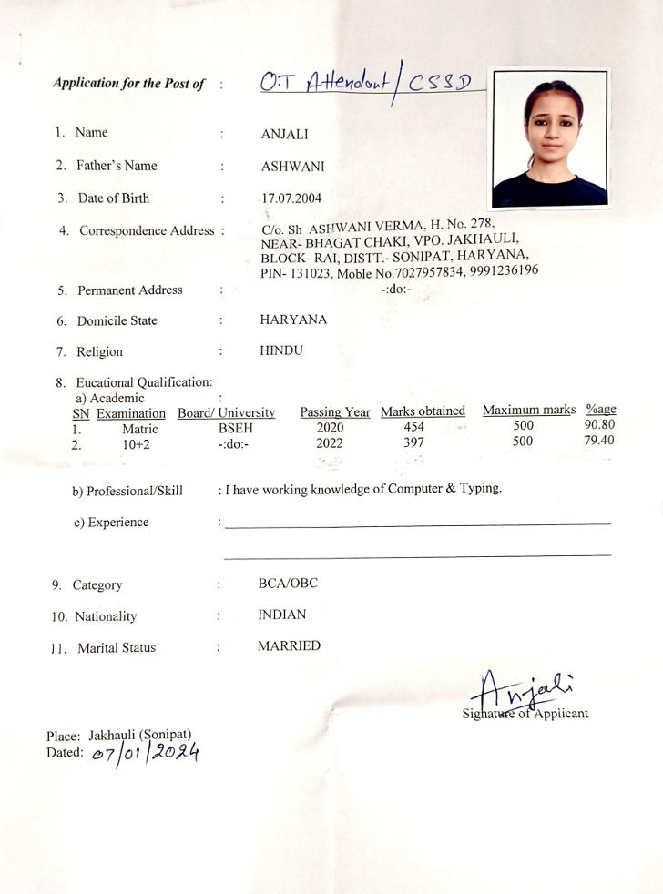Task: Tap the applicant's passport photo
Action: pyautogui.click(x=549, y=137)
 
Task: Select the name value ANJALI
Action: pyautogui.click(x=284, y=135)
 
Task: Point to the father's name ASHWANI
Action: pyautogui.click(x=292, y=167)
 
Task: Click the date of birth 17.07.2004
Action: pyautogui.click(x=291, y=198)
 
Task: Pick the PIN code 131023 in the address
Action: pyautogui.click(x=313, y=273)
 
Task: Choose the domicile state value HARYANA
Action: pyautogui.click(x=293, y=320)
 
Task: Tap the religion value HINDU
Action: pyautogui.click(x=281, y=350)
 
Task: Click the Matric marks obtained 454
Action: pyautogui.click(x=413, y=427)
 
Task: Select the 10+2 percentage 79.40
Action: pyautogui.click(x=598, y=442)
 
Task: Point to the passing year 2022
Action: pyautogui.click(x=330, y=443)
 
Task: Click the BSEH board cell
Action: pyautogui.click(x=236, y=428)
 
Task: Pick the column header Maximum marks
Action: pyautogui.click(x=529, y=411)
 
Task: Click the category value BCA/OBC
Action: pyautogui.click(x=288, y=584)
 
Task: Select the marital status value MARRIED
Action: pyautogui.click(x=290, y=646)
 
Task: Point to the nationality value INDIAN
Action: pyautogui.click(x=281, y=615)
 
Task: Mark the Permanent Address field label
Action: pyautogui.click(x=129, y=290)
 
